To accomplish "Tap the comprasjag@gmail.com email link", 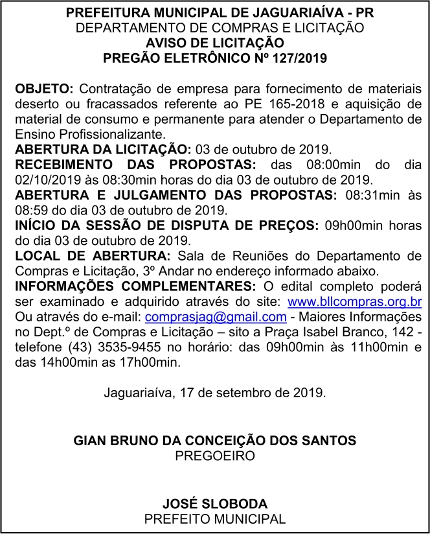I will pos(216,317).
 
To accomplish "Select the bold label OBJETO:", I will pos(45,89).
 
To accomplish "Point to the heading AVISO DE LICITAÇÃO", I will pos(214,43).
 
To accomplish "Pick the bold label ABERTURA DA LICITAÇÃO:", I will pos(103,148).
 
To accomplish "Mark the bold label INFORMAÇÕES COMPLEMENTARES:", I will pos(135,286).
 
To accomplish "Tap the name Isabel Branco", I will pos(350,332).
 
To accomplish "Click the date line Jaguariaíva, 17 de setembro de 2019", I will pos(214,393).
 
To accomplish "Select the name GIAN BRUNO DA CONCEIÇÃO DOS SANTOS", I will pos(214,441).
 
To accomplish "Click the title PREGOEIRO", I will pos(214,456).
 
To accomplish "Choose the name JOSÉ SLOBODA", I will pos(214,504).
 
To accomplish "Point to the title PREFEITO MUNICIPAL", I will pos(214,519).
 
